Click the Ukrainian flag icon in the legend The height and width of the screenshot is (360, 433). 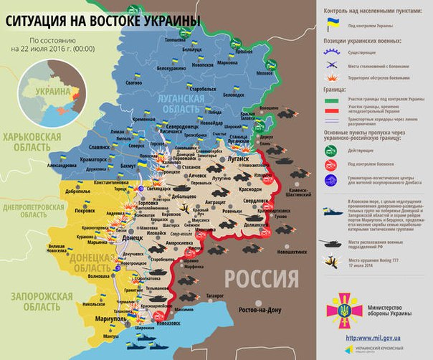pyautogui.click(x=331, y=24)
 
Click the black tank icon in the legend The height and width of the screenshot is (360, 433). pyautogui.click(x=333, y=243)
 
